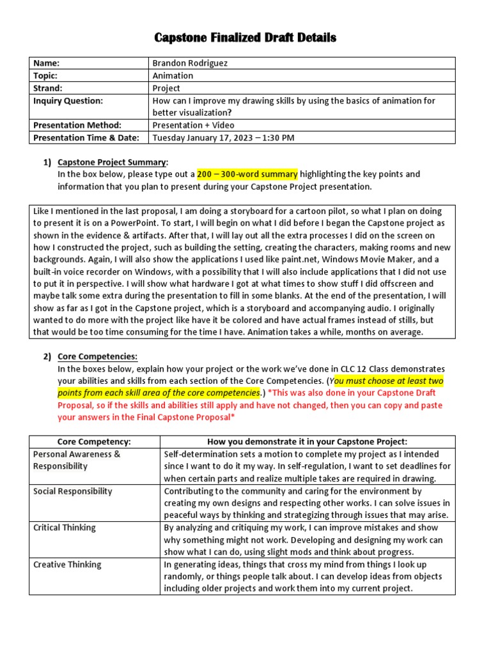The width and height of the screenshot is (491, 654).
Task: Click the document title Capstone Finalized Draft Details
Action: [245, 38]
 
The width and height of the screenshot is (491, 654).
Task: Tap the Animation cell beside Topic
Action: [173, 76]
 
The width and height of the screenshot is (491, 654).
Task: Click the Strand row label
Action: [48, 88]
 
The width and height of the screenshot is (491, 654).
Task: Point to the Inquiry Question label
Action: [68, 101]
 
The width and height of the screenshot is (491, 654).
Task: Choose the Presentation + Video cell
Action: [193, 125]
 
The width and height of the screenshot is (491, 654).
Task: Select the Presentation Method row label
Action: [77, 125]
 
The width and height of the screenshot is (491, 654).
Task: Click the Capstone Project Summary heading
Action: [113, 162]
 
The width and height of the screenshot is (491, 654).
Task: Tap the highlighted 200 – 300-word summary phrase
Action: [247, 174]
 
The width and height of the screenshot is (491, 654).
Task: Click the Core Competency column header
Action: [94, 442]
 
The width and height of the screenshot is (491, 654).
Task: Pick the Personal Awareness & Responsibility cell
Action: [77, 460]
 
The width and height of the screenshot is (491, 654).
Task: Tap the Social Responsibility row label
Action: [72, 491]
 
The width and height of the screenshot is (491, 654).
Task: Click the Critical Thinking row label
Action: [64, 528]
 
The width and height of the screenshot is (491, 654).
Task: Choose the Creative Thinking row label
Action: [66, 565]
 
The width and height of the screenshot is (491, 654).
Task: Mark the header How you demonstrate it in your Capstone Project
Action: [307, 442]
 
